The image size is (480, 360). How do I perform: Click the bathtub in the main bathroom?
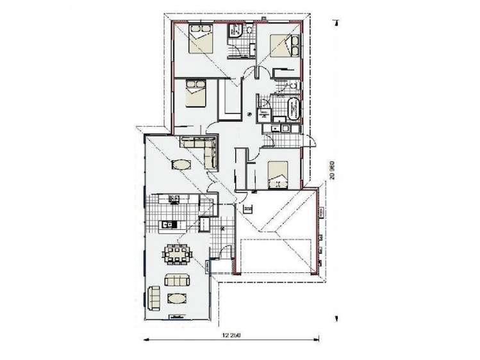(294, 108)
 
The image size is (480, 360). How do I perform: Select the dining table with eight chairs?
(176, 255)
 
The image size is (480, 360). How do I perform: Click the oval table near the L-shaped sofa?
(181, 165)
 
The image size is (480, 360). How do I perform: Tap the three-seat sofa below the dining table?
(177, 280)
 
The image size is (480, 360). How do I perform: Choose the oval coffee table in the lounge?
(177, 299)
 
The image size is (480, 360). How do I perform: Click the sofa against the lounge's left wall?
(154, 297)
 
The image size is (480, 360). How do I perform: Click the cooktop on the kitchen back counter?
(172, 199)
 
